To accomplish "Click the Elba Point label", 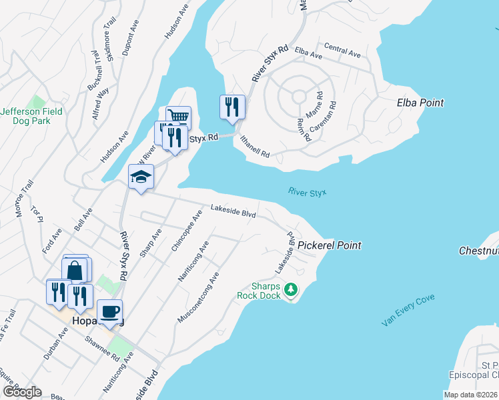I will tap(420, 103).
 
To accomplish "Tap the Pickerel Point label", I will tap(329, 245).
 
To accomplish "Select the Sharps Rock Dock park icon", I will tap(290, 289).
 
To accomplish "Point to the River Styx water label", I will tap(308, 192).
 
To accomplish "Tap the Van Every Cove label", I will tap(408, 310).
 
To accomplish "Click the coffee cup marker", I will tap(109, 311).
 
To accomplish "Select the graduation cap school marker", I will tap(141, 177).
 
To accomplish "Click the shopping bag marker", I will tap(75, 270).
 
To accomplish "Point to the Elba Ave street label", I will tap(308, 51).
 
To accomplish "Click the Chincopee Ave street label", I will tap(186, 231).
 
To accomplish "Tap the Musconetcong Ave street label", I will tap(199, 297).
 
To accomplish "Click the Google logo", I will tap(21, 392).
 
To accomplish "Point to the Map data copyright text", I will tap(470, 395).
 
